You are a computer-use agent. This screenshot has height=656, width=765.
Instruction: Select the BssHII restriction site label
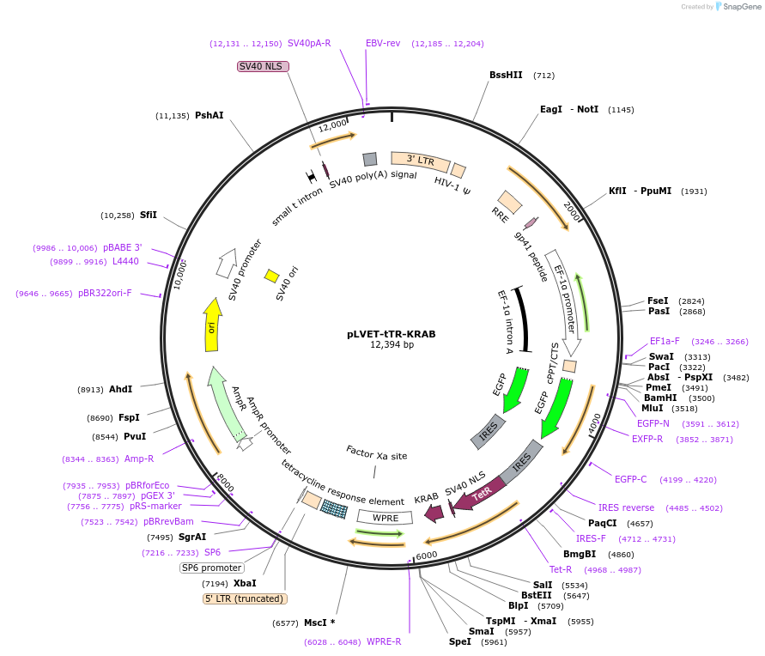pos(506,75)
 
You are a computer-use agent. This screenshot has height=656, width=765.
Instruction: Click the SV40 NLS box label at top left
pos(263,66)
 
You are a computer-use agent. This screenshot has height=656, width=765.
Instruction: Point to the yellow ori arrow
pos(211,325)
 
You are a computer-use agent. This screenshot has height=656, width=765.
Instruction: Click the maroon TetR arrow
pos(478,496)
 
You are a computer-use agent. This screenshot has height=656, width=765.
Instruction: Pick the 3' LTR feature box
pos(420,161)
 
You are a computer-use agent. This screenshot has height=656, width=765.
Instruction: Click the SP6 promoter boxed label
pos(211,568)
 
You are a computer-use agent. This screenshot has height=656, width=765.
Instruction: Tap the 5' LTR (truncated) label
pos(245,598)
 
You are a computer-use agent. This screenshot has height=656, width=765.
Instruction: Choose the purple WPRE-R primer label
pos(384,641)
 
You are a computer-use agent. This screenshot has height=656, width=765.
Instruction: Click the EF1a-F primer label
pos(665,341)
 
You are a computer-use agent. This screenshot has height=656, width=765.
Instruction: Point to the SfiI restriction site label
pos(149,215)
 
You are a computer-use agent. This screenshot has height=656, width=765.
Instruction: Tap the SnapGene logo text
pos(743,7)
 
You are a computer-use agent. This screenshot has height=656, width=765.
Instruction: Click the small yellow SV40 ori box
pos(271,276)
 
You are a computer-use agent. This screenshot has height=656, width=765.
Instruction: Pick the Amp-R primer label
pos(139,459)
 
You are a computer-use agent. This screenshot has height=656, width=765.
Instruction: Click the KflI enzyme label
pos(618,191)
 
